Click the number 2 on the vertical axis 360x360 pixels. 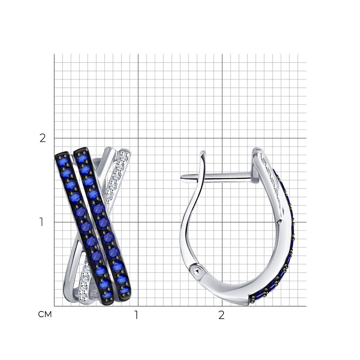pos(43,138)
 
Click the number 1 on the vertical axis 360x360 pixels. pos(41,222)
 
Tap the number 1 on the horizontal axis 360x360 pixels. pos(136,315)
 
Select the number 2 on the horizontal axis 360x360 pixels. pos(221,315)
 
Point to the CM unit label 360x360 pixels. pos(45,314)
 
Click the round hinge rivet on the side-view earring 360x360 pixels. pos(196,271)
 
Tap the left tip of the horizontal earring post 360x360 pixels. pos(181,177)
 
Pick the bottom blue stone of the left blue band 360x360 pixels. pos(107,294)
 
